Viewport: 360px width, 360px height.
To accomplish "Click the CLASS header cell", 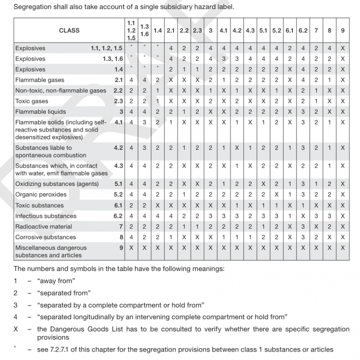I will click(69, 30).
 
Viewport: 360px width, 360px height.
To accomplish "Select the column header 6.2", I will click(303, 30).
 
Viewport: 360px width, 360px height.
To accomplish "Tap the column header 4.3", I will click(250, 30).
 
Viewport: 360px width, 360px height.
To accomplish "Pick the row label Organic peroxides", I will click(41, 195).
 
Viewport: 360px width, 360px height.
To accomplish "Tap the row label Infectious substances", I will click(45, 216).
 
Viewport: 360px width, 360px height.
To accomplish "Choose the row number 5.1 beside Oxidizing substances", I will click(118, 184).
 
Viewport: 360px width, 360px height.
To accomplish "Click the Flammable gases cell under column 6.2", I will click(303, 80).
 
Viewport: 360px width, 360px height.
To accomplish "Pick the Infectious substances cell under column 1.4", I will click(157, 216).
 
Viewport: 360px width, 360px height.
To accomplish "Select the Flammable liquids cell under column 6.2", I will click(303, 112).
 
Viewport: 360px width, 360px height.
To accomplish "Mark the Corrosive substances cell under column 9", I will click(343, 238).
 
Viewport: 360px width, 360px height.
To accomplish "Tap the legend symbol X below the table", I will click(16, 330).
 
